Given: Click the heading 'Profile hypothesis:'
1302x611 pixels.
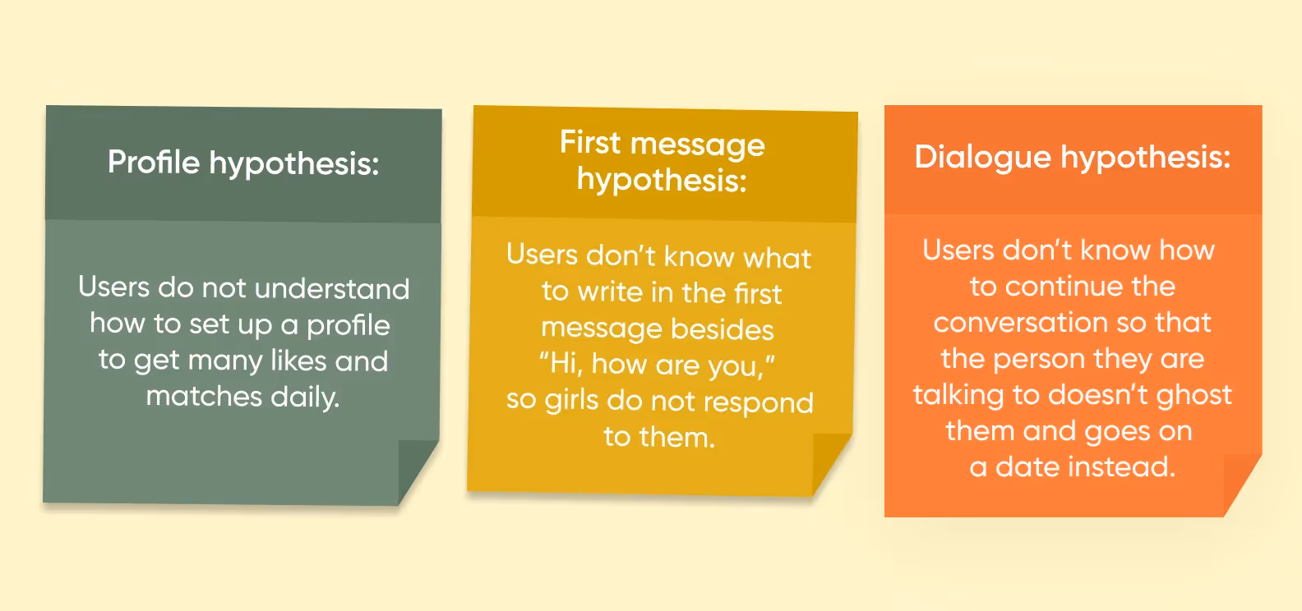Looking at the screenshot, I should pos(243,163).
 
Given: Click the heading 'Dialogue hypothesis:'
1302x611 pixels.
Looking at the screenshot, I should pos(1073,156).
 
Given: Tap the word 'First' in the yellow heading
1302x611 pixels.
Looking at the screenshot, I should pos(589,142).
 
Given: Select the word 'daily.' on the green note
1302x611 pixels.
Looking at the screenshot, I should pos(305,397).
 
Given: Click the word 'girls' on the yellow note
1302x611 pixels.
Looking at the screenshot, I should pos(572,400).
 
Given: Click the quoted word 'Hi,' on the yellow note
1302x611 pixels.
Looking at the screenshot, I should pos(561,363).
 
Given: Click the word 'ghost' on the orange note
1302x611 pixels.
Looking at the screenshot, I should pos(1194,395).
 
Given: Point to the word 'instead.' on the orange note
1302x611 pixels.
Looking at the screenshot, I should pos(1126,466).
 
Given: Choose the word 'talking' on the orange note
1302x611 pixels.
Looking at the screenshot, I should pos(958,395).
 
